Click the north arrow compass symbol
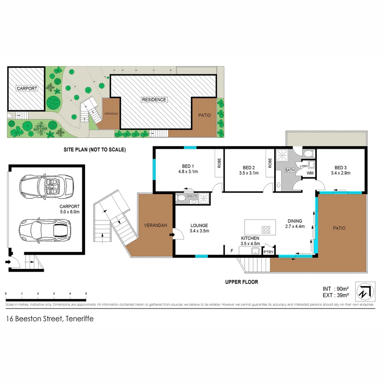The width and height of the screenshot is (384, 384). click(x=367, y=290)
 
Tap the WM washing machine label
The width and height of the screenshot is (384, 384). click(x=310, y=173)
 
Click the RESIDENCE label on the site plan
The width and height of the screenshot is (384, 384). click(x=154, y=100)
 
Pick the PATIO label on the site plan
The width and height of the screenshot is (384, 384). click(x=204, y=115)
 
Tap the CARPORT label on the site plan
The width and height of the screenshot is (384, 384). click(x=27, y=88)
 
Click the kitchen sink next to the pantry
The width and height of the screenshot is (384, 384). click(x=255, y=251)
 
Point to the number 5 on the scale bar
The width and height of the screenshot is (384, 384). click(x=86, y=293)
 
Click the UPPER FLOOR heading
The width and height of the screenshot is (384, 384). click(x=241, y=282)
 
